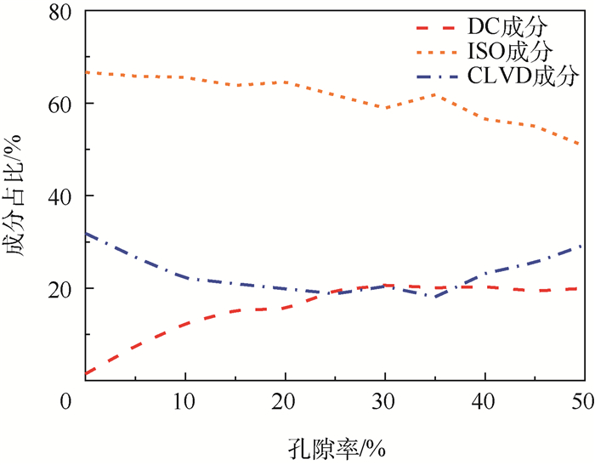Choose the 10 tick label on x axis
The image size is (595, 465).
pos(185,400)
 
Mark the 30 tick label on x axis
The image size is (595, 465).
pos(385,400)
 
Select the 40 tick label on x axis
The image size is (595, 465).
pos(484,400)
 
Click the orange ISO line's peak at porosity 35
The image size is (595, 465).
pos(435,94)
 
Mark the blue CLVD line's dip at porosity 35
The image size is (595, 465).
pos(435,297)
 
